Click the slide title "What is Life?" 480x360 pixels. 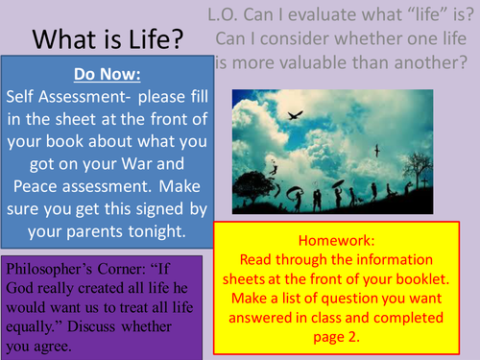pyautogui.click(x=108, y=41)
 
